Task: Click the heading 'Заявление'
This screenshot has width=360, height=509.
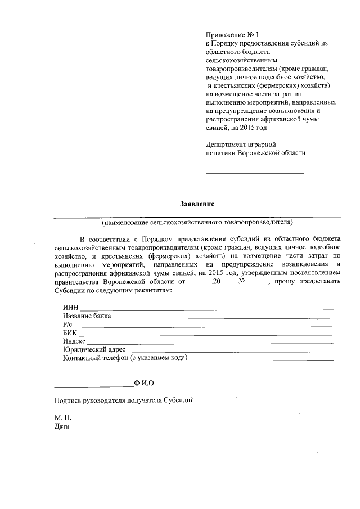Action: coord(197,203)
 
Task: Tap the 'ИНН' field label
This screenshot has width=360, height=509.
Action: coord(71,308)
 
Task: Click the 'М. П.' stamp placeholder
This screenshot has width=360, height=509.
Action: coord(63,418)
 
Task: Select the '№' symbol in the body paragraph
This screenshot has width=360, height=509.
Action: coord(243,281)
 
